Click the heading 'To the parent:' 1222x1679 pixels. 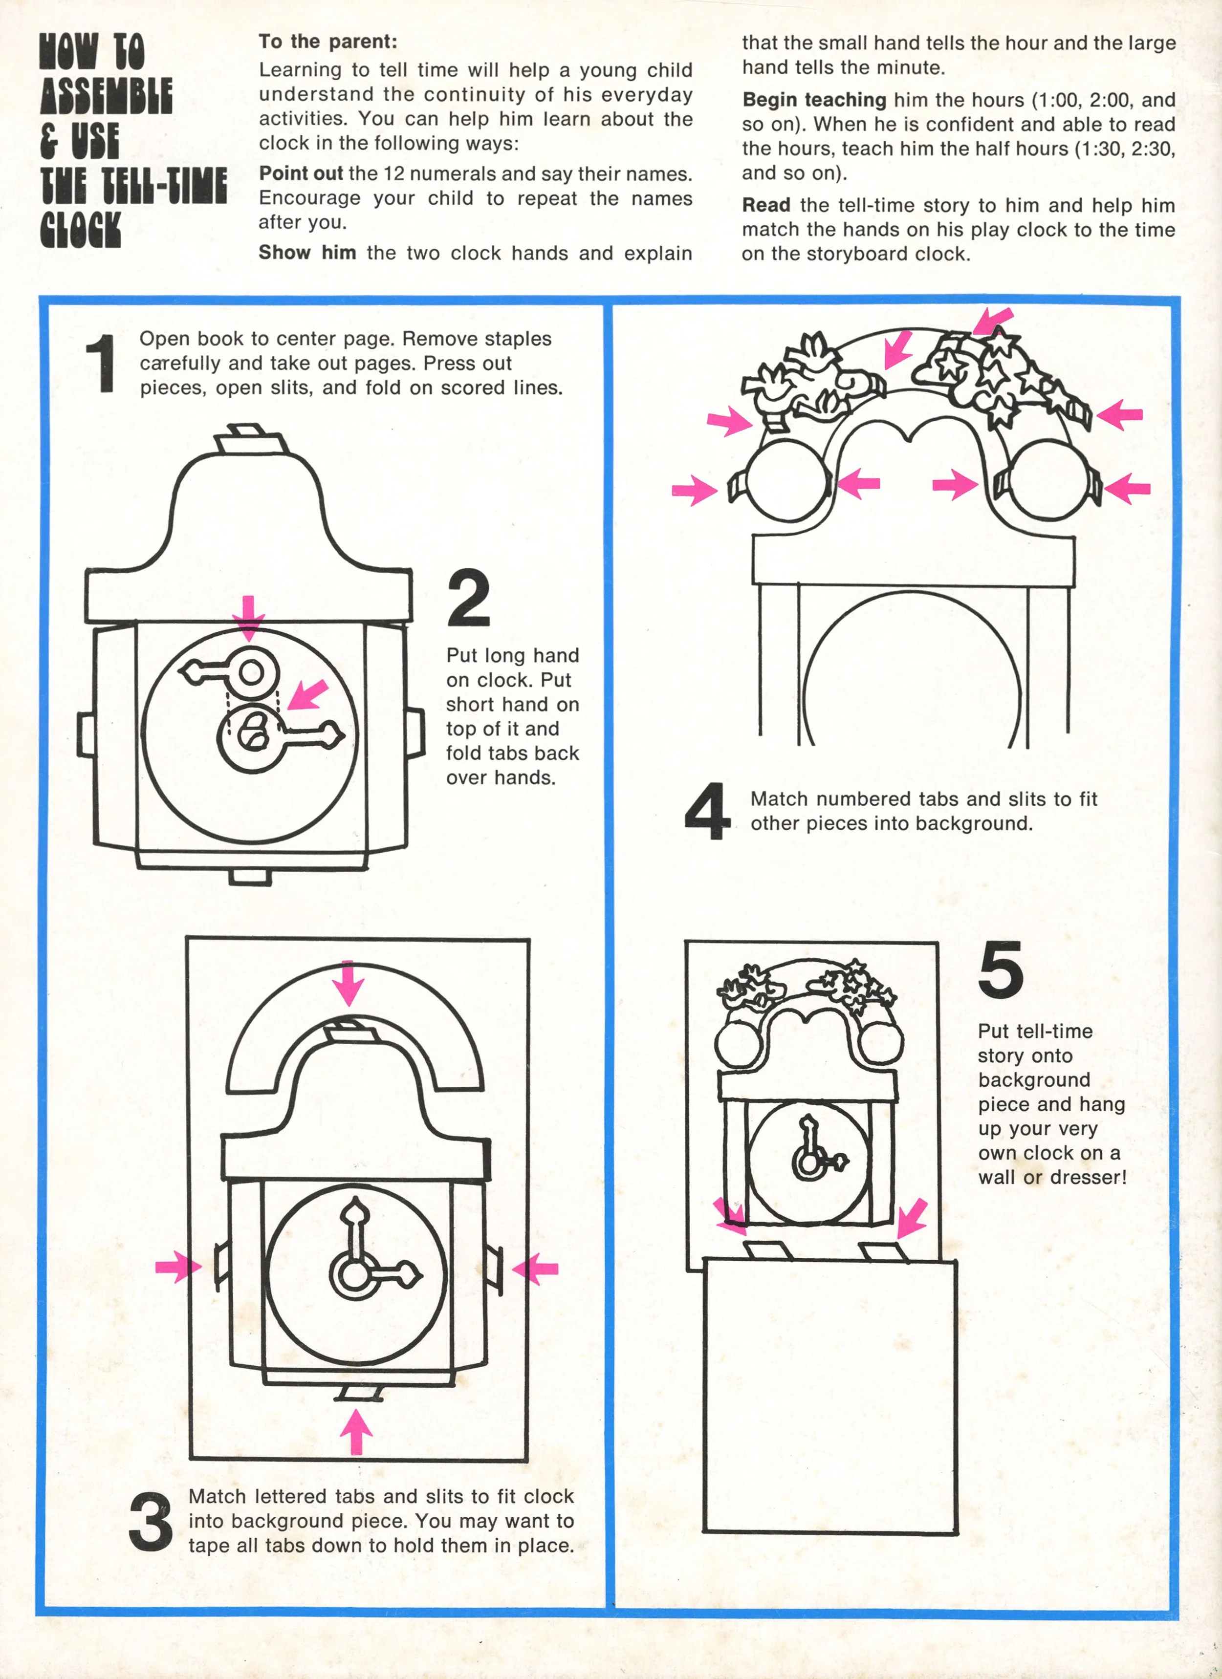click(327, 42)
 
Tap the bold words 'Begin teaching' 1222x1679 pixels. click(814, 100)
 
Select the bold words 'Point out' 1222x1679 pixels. click(301, 174)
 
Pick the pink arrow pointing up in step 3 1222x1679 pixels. click(357, 1430)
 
